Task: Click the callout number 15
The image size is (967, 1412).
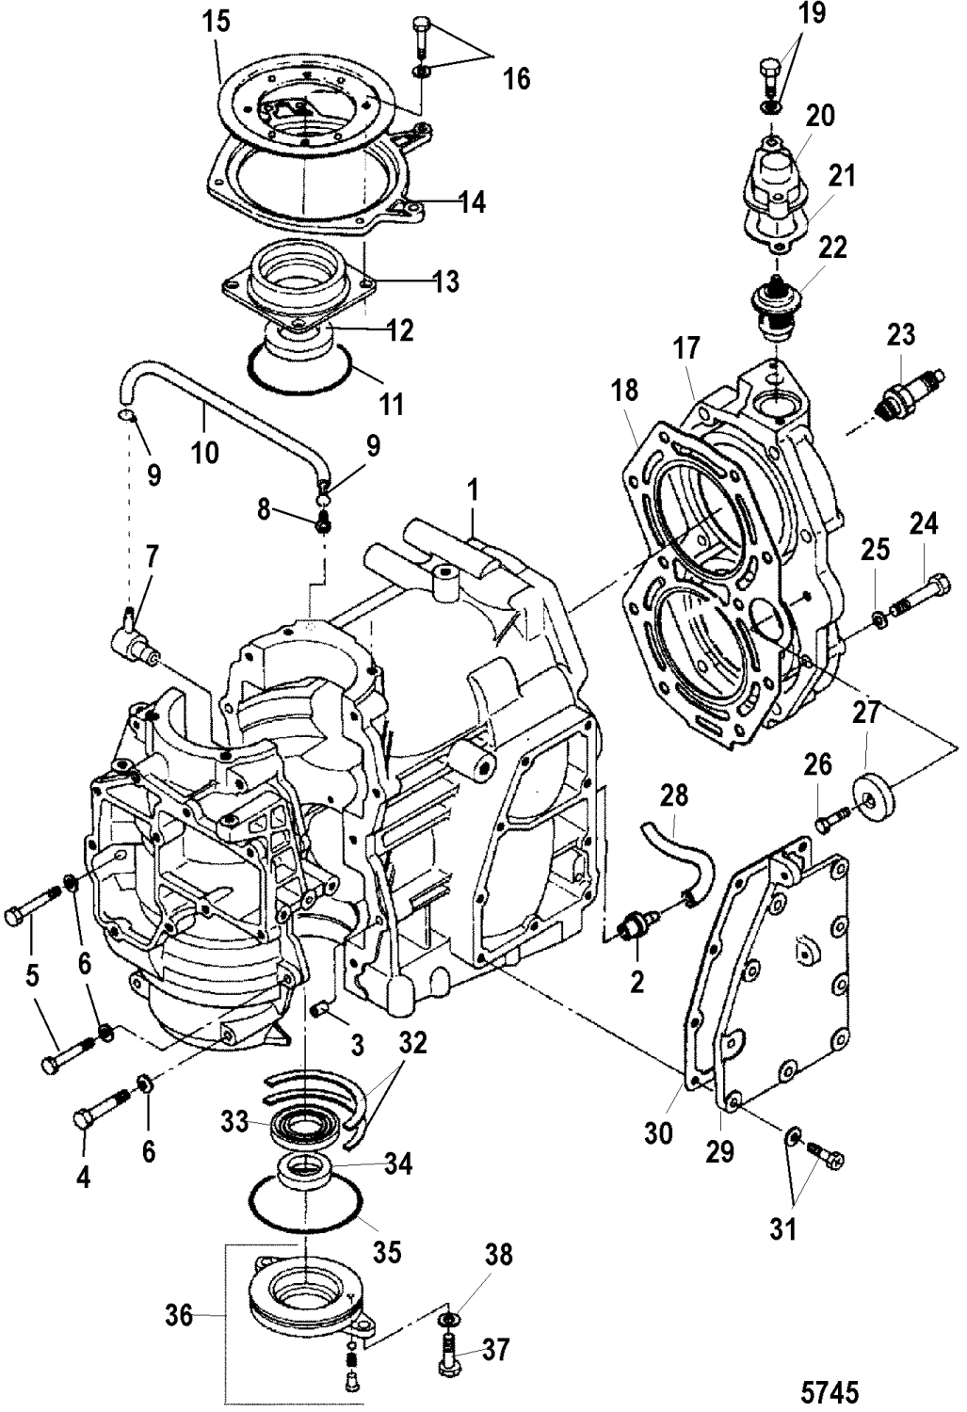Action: pos(218,22)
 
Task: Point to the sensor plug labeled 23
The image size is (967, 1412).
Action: pos(896,400)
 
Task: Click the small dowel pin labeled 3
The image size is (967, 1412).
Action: pos(320,1010)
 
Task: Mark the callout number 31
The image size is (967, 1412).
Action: pos(784,1228)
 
